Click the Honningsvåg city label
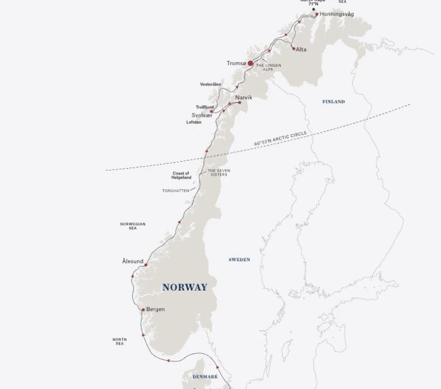(337, 14)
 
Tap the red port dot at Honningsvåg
(316, 14)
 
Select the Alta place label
(301, 49)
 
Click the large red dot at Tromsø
(250, 64)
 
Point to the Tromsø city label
(236, 63)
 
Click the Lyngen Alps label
(269, 67)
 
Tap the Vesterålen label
(210, 85)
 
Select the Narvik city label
(243, 98)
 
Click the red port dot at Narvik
(239, 103)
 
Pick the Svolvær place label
(202, 115)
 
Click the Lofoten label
(194, 123)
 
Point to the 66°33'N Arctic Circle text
(281, 139)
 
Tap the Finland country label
(334, 102)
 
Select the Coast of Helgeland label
(181, 176)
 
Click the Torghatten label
(175, 191)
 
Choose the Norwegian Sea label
(133, 226)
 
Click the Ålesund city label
(133, 261)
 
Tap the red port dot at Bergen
(144, 310)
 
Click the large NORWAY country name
(184, 287)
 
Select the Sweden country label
(239, 260)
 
